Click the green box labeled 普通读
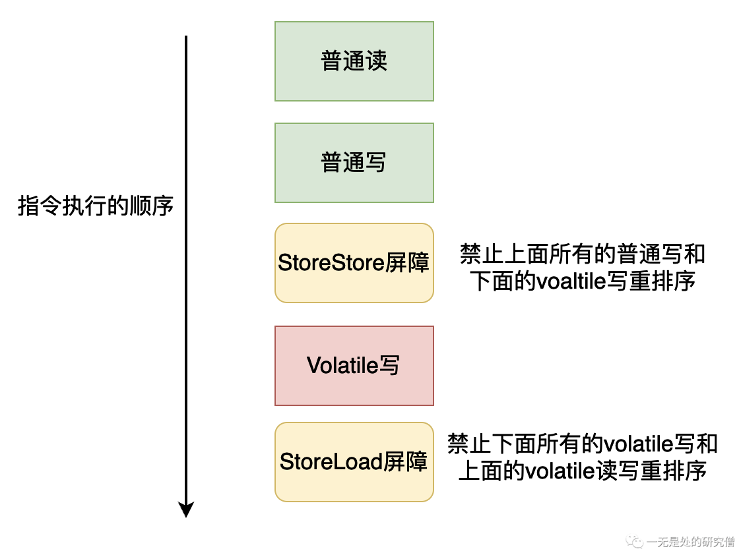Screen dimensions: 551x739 point(354,61)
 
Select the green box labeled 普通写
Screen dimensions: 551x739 point(354,163)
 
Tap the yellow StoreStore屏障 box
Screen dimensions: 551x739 point(354,262)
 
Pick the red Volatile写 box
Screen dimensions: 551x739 point(354,366)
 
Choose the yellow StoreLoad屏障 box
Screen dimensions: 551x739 point(354,461)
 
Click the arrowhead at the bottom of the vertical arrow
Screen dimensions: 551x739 point(186,509)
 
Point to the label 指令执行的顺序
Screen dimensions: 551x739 point(96,206)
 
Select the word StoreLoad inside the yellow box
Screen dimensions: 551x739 point(323,461)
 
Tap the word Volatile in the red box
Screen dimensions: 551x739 point(339,366)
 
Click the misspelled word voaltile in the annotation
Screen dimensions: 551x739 point(571,281)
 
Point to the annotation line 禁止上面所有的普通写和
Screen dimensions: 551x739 point(583,253)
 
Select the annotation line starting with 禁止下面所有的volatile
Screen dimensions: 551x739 point(582,444)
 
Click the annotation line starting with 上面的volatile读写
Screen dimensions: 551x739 point(582,471)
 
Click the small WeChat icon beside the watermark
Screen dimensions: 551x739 point(635,541)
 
